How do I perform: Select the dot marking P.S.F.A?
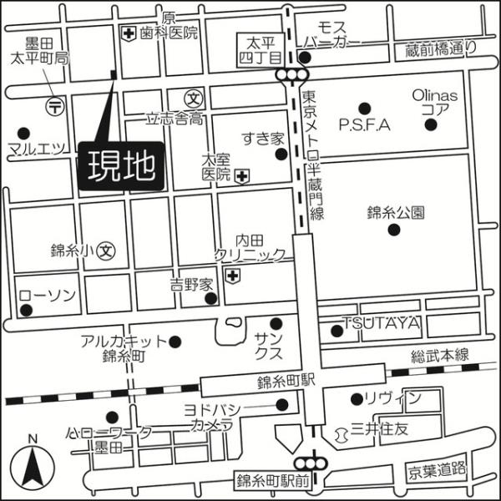(364, 108)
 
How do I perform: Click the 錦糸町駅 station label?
(285, 381)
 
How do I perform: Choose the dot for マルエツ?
(23, 133)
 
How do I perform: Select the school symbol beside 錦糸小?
(105, 249)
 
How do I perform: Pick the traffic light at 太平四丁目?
(291, 75)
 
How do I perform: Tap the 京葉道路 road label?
(436, 470)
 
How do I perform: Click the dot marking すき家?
(281, 154)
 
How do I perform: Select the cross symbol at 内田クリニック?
(234, 275)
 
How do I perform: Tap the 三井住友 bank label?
(379, 429)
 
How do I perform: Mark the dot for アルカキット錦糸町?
(175, 341)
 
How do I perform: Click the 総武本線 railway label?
(440, 356)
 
